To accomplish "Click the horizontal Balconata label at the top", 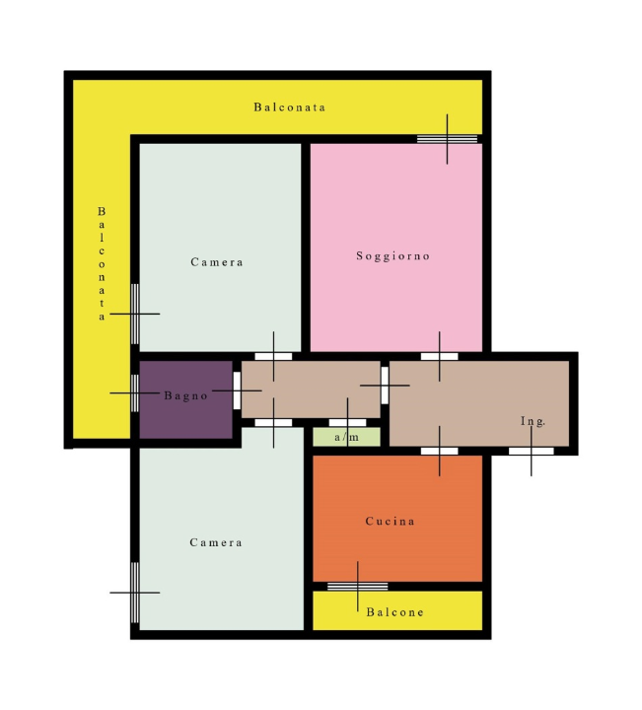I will pyautogui.click(x=289, y=106).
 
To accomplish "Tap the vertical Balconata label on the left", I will pyautogui.click(x=101, y=263).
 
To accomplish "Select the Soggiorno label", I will pyautogui.click(x=393, y=256).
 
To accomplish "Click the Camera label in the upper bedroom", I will pyautogui.click(x=217, y=262).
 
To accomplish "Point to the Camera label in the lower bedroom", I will pyautogui.click(x=216, y=543).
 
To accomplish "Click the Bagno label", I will pyautogui.click(x=185, y=396).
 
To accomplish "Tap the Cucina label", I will pyautogui.click(x=390, y=522).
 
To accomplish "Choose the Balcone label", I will pyautogui.click(x=394, y=612).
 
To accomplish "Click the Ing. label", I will pyautogui.click(x=533, y=421).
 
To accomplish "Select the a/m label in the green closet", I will pyautogui.click(x=346, y=437).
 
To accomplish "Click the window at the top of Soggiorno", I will pyautogui.click(x=447, y=139).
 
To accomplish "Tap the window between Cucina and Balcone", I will pyautogui.click(x=357, y=587).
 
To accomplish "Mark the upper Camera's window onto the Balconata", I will pyautogui.click(x=135, y=314).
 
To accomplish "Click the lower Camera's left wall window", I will pyautogui.click(x=135, y=592).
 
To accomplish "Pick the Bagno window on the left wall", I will pyautogui.click(x=135, y=392).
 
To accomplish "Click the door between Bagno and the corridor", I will pyautogui.click(x=237, y=390).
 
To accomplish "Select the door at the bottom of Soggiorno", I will pyautogui.click(x=440, y=356).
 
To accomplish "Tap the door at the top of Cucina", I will pyautogui.click(x=440, y=451).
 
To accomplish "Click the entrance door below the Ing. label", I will pyautogui.click(x=531, y=451).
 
